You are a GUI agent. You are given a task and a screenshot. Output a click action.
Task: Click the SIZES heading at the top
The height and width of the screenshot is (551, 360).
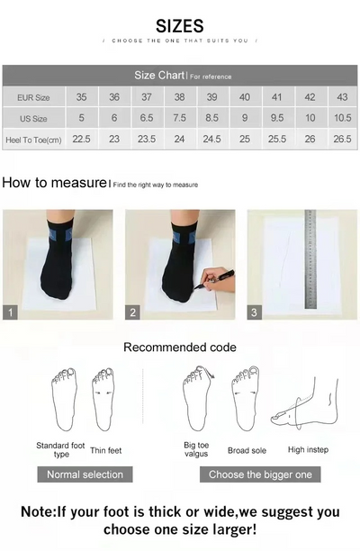tap(180, 25)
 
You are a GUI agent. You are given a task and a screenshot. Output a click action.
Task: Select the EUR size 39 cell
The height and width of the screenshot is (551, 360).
tap(212, 97)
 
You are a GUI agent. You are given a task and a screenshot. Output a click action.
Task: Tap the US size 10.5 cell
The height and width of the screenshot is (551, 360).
tap(342, 118)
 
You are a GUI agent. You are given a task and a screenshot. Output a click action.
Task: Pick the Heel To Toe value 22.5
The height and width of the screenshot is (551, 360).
tap(81, 140)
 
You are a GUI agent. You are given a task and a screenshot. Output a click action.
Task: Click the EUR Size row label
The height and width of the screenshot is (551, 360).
tap(33, 97)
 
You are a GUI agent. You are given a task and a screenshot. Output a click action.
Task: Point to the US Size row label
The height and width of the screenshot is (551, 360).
tap(33, 118)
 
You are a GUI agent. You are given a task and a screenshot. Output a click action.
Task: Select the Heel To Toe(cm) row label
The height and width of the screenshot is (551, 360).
tap(33, 140)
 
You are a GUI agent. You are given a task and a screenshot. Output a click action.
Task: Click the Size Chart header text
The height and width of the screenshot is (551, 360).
tap(159, 76)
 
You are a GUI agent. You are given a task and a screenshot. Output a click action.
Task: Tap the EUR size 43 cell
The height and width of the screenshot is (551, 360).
tap(342, 97)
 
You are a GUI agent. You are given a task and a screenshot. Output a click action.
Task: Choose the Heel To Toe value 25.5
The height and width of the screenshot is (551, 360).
tap(277, 140)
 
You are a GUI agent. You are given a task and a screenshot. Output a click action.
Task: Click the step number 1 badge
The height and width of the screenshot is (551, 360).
tap(11, 312)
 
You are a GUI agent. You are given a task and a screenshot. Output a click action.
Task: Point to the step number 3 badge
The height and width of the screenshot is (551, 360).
tap(255, 312)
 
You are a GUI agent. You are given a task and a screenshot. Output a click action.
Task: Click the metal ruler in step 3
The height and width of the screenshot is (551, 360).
tap(310, 259)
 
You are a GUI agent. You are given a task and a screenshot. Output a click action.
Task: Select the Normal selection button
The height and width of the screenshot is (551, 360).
tap(86, 474)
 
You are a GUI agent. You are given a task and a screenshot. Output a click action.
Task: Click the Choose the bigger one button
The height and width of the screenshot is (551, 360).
tap(260, 474)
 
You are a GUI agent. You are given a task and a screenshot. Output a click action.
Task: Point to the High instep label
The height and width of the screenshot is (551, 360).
tap(308, 449)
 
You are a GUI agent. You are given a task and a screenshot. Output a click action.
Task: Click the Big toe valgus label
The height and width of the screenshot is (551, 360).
tap(196, 449)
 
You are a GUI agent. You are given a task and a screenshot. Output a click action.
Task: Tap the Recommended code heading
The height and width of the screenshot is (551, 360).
tap(180, 348)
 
